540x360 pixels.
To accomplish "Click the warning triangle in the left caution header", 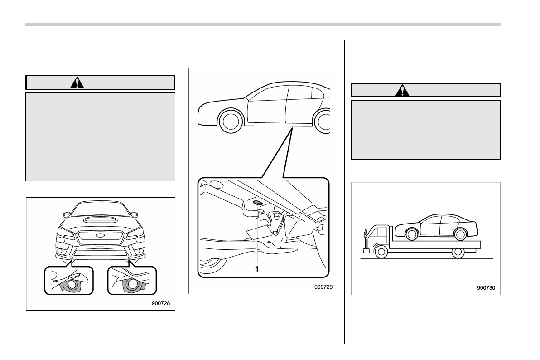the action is (77, 83).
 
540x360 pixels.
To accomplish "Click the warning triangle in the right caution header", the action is (402, 90).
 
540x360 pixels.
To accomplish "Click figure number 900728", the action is (161, 303).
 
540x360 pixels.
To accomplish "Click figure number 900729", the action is (323, 287).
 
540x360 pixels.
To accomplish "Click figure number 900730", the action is (486, 287).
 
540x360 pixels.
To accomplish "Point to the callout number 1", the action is (256, 269).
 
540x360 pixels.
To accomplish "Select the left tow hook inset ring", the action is (72, 285).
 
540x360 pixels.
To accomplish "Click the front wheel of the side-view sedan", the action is (231, 121).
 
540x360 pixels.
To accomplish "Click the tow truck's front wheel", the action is (381, 251).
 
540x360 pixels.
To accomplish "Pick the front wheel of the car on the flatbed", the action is (411, 234).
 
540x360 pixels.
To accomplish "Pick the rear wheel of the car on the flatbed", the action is (460, 234).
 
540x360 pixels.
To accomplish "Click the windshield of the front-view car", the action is (99, 209).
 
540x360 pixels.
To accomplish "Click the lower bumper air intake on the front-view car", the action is (99, 253).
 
